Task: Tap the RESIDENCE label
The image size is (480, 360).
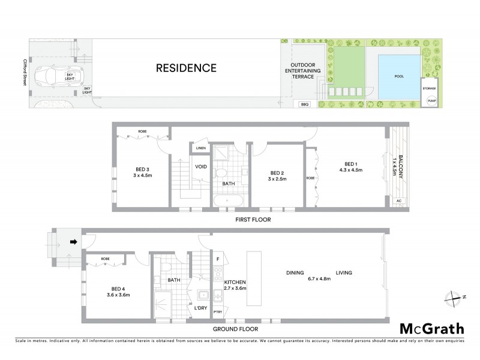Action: [186, 68]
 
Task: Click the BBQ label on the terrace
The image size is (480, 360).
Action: [304, 104]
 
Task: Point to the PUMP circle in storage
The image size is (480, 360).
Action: [430, 101]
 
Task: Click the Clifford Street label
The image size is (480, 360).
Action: [24, 71]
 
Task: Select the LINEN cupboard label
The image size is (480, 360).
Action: [200, 148]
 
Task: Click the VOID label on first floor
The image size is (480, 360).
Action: [200, 167]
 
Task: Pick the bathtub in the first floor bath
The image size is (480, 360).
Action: [229, 200]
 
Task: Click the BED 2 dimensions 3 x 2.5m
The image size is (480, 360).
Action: [276, 179]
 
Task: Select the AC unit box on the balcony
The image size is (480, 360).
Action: [399, 202]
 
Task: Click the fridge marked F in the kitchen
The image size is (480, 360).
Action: [217, 259]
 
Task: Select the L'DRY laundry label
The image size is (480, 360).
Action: [200, 308]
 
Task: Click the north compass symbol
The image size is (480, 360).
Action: [454, 296]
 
